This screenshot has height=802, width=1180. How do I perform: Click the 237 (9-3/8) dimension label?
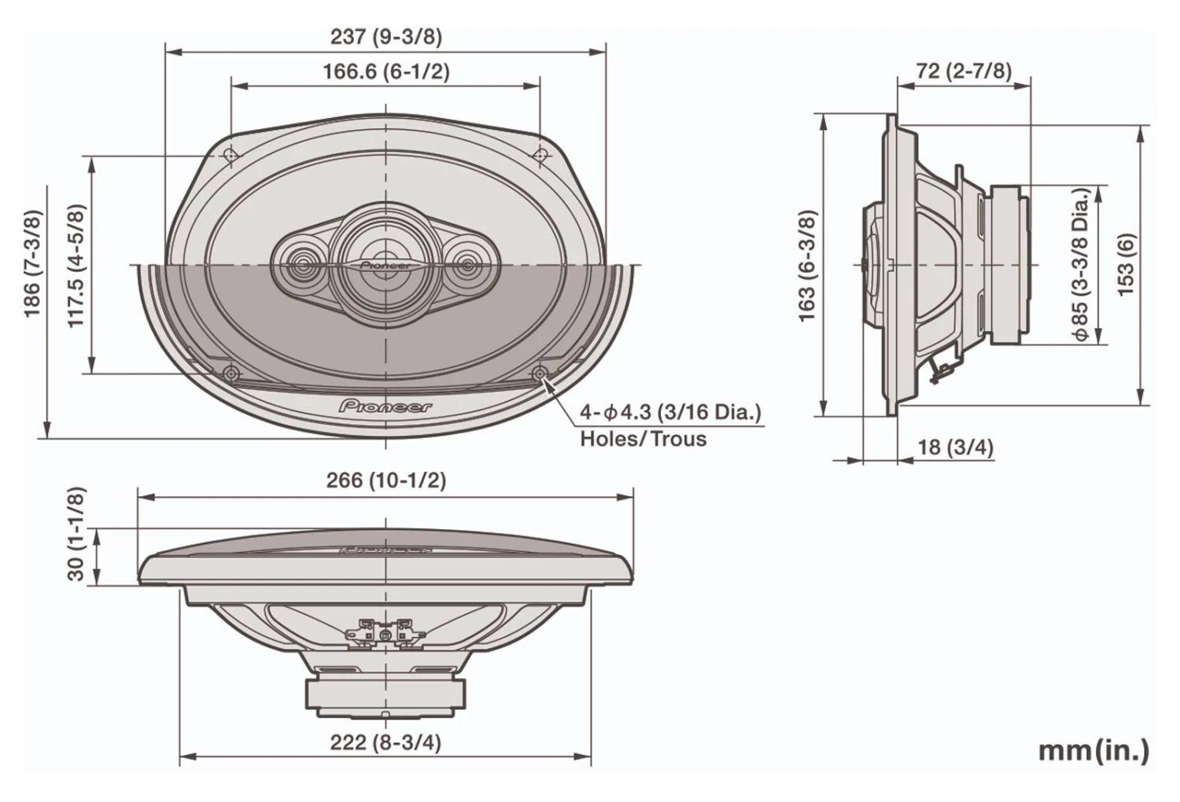pos(385,36)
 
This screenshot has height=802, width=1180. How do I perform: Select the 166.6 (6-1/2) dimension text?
pos(385,72)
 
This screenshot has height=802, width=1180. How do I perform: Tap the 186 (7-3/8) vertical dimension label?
pos(31,263)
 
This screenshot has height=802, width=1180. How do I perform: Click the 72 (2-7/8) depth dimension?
pos(964,71)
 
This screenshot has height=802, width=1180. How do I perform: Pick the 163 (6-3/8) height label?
pos(807,266)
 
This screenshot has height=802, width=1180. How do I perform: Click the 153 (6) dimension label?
pos(1127,264)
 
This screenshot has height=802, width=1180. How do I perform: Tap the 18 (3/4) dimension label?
pos(955,447)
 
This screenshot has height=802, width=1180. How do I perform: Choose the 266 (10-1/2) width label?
pos(385,480)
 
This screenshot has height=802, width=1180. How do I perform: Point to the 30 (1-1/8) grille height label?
pos(76,533)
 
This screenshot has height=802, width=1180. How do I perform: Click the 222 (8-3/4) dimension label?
pos(385,742)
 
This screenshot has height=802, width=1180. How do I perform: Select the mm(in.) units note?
pos(1093,750)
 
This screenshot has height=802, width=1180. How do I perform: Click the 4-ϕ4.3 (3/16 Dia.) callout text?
pos(670,412)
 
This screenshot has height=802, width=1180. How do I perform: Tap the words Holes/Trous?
pos(643,439)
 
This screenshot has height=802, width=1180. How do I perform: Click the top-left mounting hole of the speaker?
pos(231,155)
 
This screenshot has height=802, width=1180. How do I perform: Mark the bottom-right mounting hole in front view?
pos(540,373)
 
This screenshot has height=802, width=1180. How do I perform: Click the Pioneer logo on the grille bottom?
pos(385,407)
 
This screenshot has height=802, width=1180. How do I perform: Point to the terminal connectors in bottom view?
pos(385,631)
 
